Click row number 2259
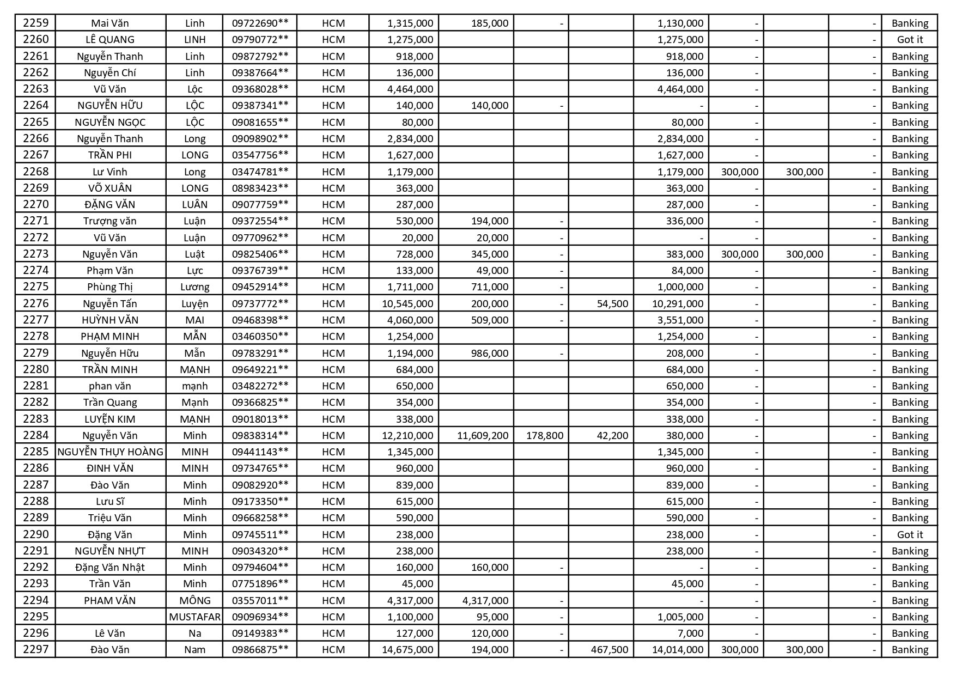pyautogui.click(x=35, y=23)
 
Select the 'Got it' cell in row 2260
pyautogui.click(x=909, y=39)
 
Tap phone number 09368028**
pyautogui.click(x=260, y=89)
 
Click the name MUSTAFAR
pyautogui.click(x=194, y=617)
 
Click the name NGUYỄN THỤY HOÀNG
pyautogui.click(x=110, y=452)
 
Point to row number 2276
pyautogui.click(x=35, y=303)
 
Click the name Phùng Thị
pyautogui.click(x=110, y=287)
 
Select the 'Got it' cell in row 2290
pyautogui.click(x=909, y=534)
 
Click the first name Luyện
pyautogui.click(x=194, y=303)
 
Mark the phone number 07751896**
pyautogui.click(x=260, y=583)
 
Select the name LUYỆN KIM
pyautogui.click(x=110, y=419)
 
